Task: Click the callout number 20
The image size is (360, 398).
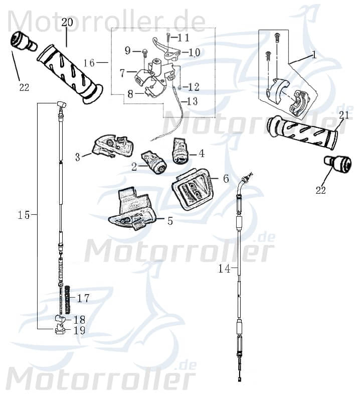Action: tap(67, 22)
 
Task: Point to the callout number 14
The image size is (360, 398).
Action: tap(224, 269)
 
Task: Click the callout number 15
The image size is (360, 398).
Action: tap(24, 215)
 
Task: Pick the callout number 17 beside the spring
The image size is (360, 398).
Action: tap(83, 298)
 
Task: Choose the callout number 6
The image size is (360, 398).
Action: tap(226, 179)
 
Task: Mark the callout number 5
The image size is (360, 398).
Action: tap(170, 221)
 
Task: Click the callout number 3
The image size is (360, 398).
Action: tap(78, 157)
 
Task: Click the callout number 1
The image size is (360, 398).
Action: tap(314, 55)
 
